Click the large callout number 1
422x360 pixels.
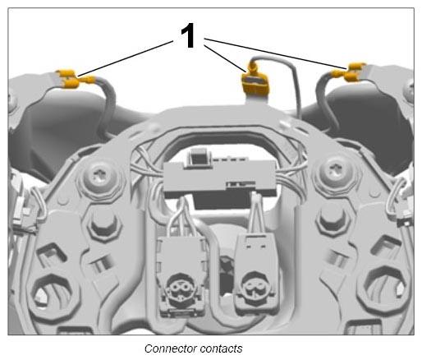(x=188, y=35)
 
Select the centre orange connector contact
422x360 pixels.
(x=255, y=81)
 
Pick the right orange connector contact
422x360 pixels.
(x=348, y=72)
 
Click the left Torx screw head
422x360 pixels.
(x=100, y=176)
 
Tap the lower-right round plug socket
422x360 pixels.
(x=254, y=287)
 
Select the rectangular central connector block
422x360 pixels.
(x=220, y=178)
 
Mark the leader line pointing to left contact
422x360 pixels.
(x=126, y=58)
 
